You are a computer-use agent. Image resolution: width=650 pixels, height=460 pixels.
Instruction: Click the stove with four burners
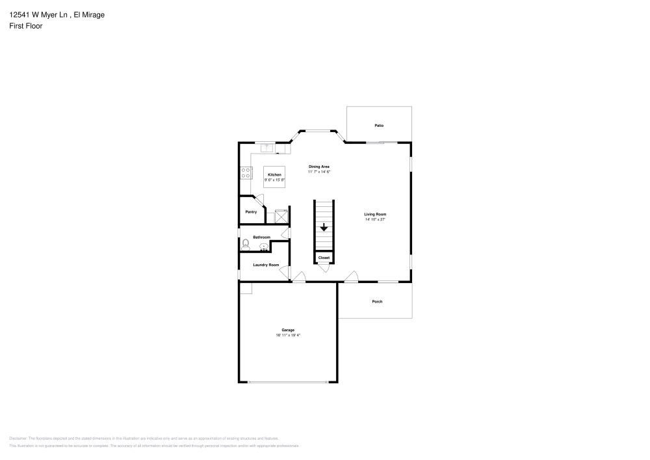point(246,173)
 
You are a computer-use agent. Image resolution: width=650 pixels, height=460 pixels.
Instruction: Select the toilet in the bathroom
point(245,245)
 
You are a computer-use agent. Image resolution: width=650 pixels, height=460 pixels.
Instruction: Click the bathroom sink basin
point(264,247)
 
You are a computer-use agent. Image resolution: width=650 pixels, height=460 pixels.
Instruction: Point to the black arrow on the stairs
point(324,227)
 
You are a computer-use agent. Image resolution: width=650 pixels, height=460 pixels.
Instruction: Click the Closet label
point(324,258)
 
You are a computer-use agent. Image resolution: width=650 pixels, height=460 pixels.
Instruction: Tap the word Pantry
point(251,211)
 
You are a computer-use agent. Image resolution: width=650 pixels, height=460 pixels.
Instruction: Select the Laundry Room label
point(266,265)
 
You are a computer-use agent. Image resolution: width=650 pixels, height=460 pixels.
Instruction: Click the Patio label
point(378,125)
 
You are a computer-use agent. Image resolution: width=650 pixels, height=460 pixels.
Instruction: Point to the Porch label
point(377,301)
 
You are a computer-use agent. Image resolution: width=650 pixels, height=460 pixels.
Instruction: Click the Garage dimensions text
point(288,335)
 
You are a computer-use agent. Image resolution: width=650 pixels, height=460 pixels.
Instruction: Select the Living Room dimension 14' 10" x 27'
point(375,220)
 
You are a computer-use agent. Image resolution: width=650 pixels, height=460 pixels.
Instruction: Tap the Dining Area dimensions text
point(319,172)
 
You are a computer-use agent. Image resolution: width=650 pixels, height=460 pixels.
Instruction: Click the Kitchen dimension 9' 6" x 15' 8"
point(275,180)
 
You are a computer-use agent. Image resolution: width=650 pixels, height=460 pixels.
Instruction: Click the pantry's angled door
point(259,202)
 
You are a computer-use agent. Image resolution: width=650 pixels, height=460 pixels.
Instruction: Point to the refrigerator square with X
point(281,216)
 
